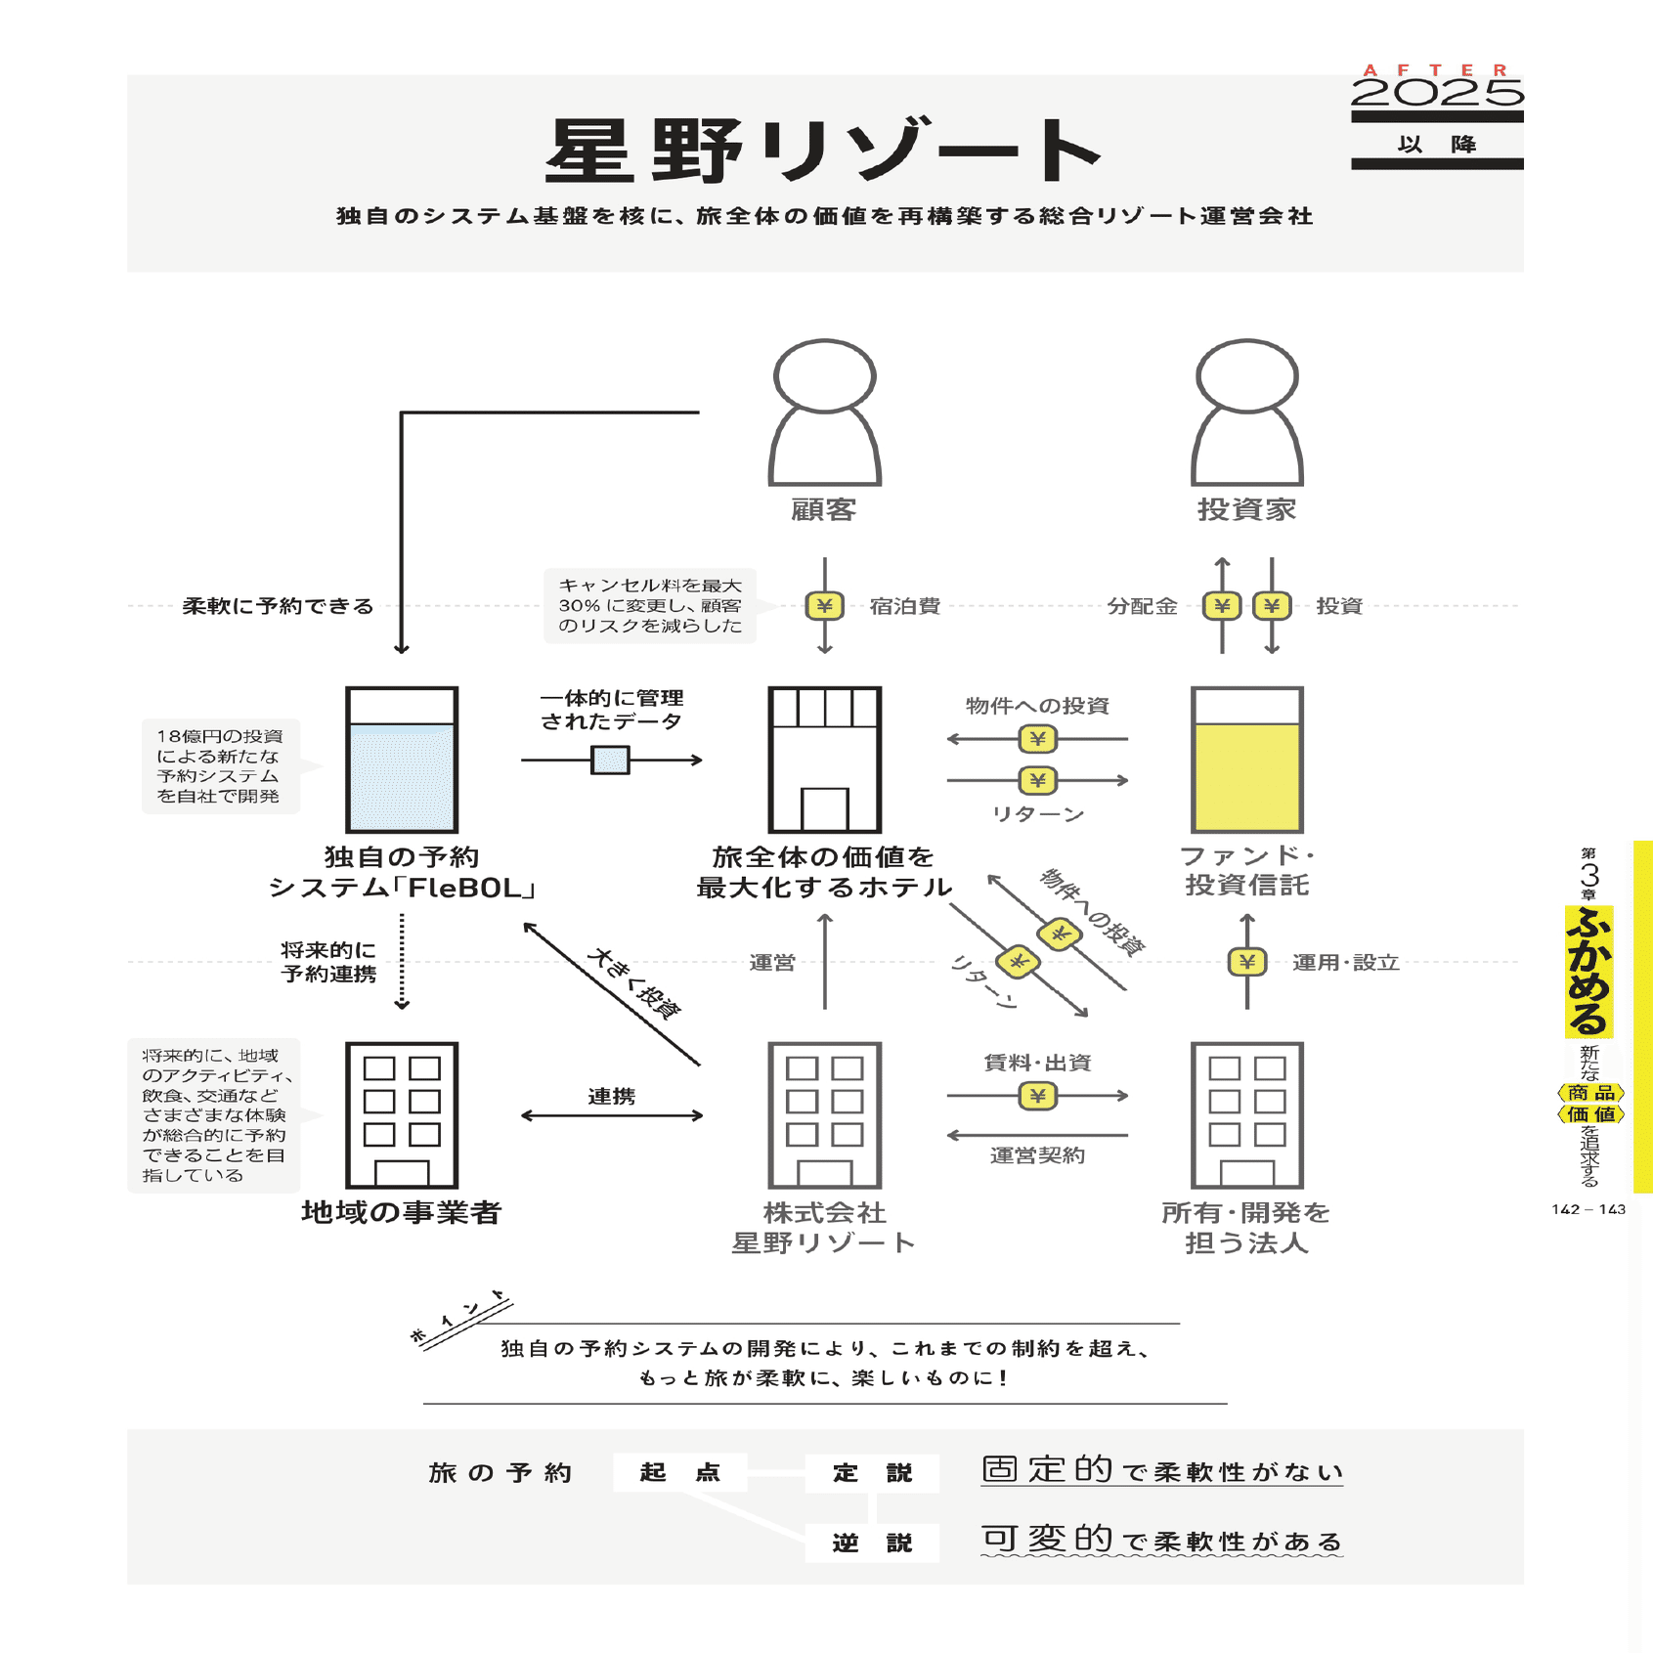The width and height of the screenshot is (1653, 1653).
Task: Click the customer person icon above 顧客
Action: (824, 413)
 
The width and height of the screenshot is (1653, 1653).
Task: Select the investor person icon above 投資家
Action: (1246, 413)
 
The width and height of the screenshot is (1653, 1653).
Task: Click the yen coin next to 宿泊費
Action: (824, 606)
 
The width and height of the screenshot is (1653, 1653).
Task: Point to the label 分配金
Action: (1142, 606)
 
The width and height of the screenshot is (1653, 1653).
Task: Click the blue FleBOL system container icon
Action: (402, 760)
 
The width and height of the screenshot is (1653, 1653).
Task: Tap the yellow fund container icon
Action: (1246, 760)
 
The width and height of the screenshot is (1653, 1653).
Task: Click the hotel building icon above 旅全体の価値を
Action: (824, 760)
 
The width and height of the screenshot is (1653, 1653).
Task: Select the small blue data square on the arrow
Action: (610, 760)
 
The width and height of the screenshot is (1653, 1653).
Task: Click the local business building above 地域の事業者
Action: (402, 1115)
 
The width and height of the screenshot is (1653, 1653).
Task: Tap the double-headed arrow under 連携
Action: (612, 1115)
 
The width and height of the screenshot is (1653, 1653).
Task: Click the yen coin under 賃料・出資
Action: (1037, 1096)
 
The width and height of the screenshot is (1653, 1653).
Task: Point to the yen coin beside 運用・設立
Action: (1246, 962)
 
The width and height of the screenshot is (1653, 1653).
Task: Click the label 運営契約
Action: (1037, 1155)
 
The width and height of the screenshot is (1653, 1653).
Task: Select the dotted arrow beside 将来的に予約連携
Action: (402, 962)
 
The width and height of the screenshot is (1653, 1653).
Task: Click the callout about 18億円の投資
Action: (220, 765)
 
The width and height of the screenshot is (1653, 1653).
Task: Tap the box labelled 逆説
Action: (872, 1543)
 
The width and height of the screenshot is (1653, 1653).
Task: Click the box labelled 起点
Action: (679, 1472)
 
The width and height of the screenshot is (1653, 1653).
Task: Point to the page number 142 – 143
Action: (1588, 1209)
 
